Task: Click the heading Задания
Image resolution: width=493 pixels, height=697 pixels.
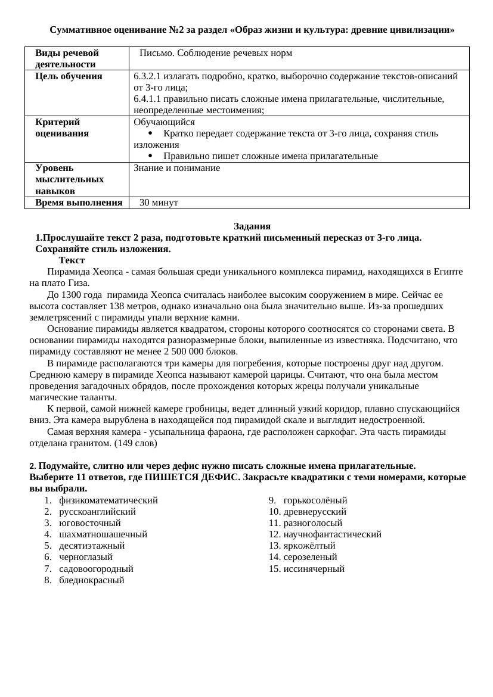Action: coord(252,226)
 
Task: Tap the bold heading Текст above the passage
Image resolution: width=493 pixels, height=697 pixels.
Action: coord(72,260)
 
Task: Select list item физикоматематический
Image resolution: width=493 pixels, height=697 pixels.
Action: coord(108,500)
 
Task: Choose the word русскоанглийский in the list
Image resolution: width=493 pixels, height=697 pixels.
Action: coord(97,512)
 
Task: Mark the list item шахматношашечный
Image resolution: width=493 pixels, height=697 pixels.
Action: coord(103,534)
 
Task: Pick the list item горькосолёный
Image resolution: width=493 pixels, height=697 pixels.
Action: coord(315,500)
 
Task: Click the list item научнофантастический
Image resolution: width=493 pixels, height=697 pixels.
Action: coord(332,534)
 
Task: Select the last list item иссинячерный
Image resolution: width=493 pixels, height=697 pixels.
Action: coord(314,569)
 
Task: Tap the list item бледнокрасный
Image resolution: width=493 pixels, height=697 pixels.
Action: coord(91,580)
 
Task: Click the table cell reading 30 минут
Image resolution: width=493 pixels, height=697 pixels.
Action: coord(159,203)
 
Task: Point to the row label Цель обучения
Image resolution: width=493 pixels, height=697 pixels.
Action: coord(69,76)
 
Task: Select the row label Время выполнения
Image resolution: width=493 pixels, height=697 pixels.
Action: coord(79,203)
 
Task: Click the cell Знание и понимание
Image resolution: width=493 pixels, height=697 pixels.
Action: coord(176,168)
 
